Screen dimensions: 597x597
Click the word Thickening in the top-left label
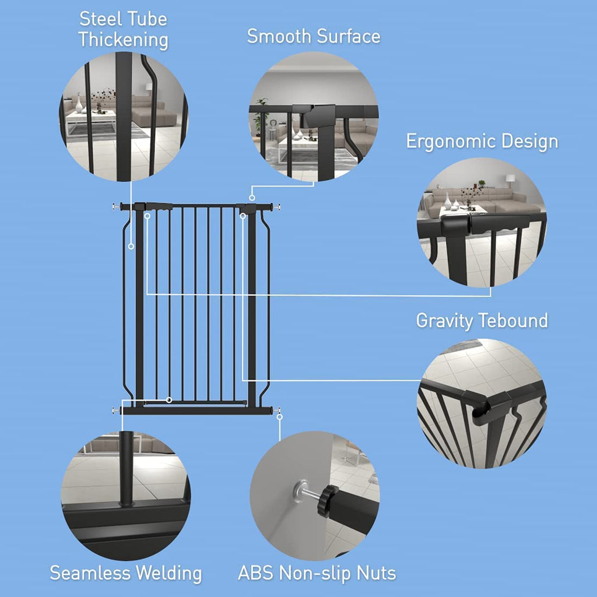pos(123,40)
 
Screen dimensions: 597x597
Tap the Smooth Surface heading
pos(314,36)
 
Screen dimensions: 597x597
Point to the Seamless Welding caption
pos(125,573)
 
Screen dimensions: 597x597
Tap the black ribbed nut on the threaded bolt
pos(329,500)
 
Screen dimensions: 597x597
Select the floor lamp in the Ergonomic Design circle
pos(510,180)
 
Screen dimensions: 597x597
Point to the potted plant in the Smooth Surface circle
pos(261,114)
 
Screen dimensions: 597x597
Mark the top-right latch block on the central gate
pos(247,208)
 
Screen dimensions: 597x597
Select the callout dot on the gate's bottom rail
pos(169,399)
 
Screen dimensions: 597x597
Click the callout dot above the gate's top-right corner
pos(252,198)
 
